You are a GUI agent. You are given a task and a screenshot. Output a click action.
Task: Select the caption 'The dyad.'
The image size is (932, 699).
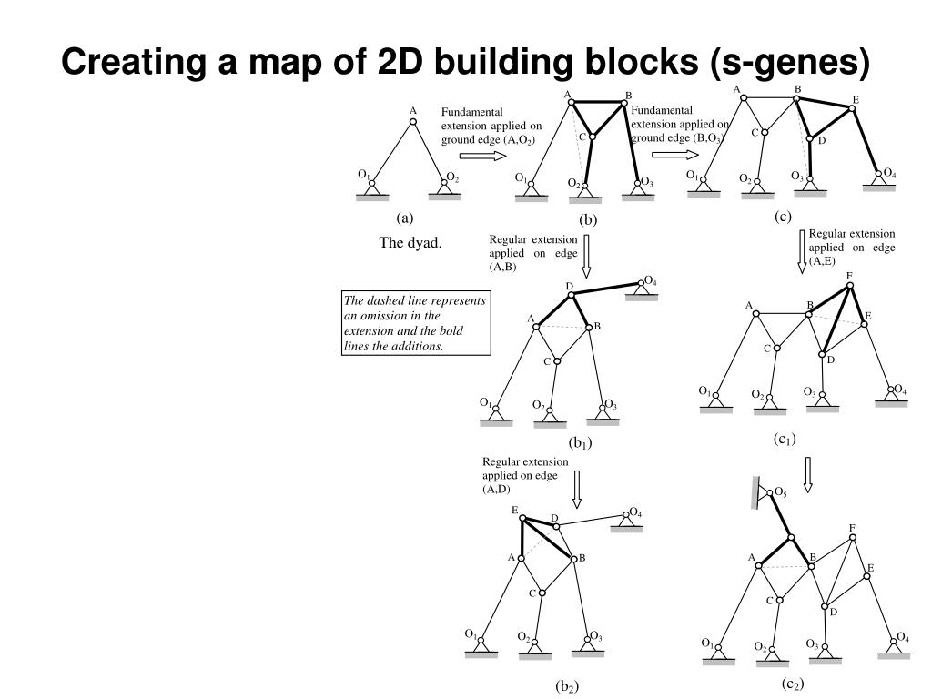410,243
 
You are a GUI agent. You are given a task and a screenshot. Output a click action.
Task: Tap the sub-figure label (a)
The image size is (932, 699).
404,218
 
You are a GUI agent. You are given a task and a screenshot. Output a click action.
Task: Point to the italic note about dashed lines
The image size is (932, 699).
416,324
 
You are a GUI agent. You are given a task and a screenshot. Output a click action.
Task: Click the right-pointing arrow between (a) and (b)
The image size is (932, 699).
482,156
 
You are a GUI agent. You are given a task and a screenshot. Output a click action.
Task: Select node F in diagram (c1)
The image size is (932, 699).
850,285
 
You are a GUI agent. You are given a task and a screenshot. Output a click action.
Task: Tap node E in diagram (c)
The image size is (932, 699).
852,109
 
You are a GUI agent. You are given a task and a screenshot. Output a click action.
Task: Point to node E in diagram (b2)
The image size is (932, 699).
524,519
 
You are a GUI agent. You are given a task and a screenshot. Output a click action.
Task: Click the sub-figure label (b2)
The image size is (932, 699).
567,686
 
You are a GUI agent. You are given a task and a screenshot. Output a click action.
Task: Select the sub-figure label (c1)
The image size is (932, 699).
785,439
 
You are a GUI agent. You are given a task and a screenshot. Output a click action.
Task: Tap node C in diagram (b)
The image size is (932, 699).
592,137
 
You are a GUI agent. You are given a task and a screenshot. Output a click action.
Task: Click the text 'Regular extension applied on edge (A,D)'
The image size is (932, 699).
524,475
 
